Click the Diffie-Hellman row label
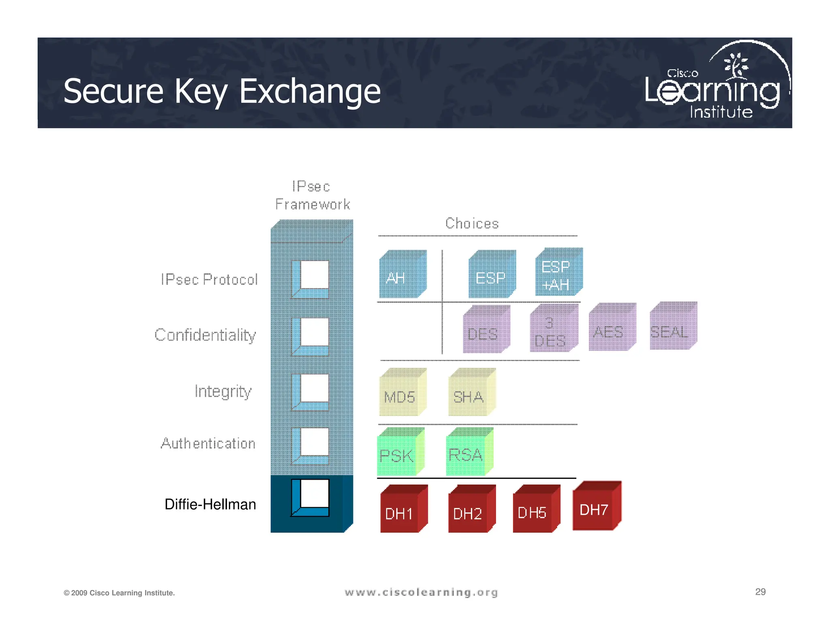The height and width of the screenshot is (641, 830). click(210, 504)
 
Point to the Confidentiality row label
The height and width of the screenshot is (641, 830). click(205, 335)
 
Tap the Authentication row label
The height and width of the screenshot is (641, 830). click(208, 444)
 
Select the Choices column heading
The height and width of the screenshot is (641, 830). click(472, 224)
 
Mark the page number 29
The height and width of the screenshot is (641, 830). click(760, 592)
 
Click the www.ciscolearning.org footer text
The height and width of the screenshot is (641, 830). click(421, 593)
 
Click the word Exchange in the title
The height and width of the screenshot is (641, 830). click(310, 92)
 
